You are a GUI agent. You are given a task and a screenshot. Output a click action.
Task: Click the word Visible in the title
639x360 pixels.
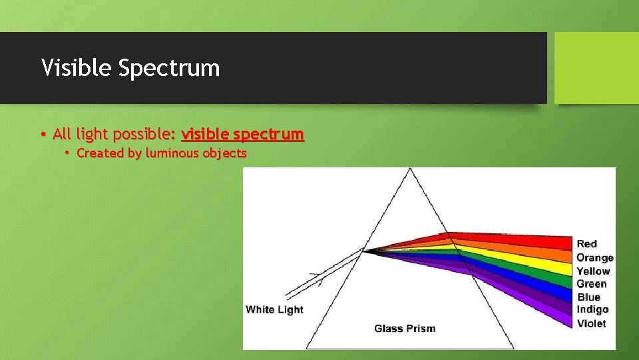coord(74,68)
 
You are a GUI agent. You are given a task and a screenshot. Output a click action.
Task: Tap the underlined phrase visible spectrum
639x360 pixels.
coord(242,134)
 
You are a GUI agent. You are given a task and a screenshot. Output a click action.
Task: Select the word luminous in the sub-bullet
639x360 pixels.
coord(172,153)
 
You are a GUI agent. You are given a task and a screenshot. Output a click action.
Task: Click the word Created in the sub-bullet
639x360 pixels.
coord(100,153)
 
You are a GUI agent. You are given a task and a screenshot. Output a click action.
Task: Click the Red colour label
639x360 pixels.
coord(586,244)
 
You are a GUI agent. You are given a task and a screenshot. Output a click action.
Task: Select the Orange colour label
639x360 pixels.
coord(594,257)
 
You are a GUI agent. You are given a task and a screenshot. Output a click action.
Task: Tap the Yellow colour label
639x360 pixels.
coord(593,271)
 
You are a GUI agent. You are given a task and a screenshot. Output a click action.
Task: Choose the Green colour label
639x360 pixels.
coord(591,284)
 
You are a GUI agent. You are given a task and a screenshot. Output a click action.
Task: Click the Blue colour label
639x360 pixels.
coord(588,297)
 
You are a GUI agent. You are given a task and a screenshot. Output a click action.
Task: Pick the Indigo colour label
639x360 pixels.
coord(592,309)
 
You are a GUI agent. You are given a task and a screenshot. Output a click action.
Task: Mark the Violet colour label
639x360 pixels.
coord(591,323)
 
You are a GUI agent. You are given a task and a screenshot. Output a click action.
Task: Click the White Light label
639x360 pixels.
coord(274,309)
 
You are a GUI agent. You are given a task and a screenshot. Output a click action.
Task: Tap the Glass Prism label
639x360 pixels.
coord(405,328)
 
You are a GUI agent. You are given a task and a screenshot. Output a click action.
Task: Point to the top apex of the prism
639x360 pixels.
coord(410,169)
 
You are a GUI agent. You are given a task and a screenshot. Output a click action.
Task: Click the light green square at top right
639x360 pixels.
coord(596,68)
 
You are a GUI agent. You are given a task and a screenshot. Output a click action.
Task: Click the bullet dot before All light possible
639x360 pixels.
coord(43,135)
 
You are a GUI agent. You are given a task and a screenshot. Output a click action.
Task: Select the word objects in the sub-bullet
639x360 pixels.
coord(224,153)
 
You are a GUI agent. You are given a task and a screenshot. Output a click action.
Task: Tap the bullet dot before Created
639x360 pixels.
coord(67,153)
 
